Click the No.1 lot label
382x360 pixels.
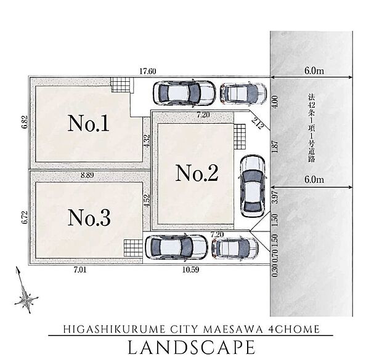point(88,123)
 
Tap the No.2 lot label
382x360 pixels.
point(197,173)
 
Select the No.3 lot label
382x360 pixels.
point(89,218)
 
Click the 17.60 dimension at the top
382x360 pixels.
point(148,71)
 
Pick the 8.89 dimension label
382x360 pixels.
point(87,175)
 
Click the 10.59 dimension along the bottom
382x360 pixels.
point(191,270)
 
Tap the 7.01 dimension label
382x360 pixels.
point(80,270)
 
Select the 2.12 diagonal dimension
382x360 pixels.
point(258,123)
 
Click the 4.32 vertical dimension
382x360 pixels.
point(147,141)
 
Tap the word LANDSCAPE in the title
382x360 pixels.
point(192,347)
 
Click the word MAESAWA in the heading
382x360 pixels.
point(233,329)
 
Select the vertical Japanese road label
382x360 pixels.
point(311,129)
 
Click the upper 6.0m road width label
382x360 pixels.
point(314,71)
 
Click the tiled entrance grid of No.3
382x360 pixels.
point(133,248)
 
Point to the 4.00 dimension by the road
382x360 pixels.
point(275,102)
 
